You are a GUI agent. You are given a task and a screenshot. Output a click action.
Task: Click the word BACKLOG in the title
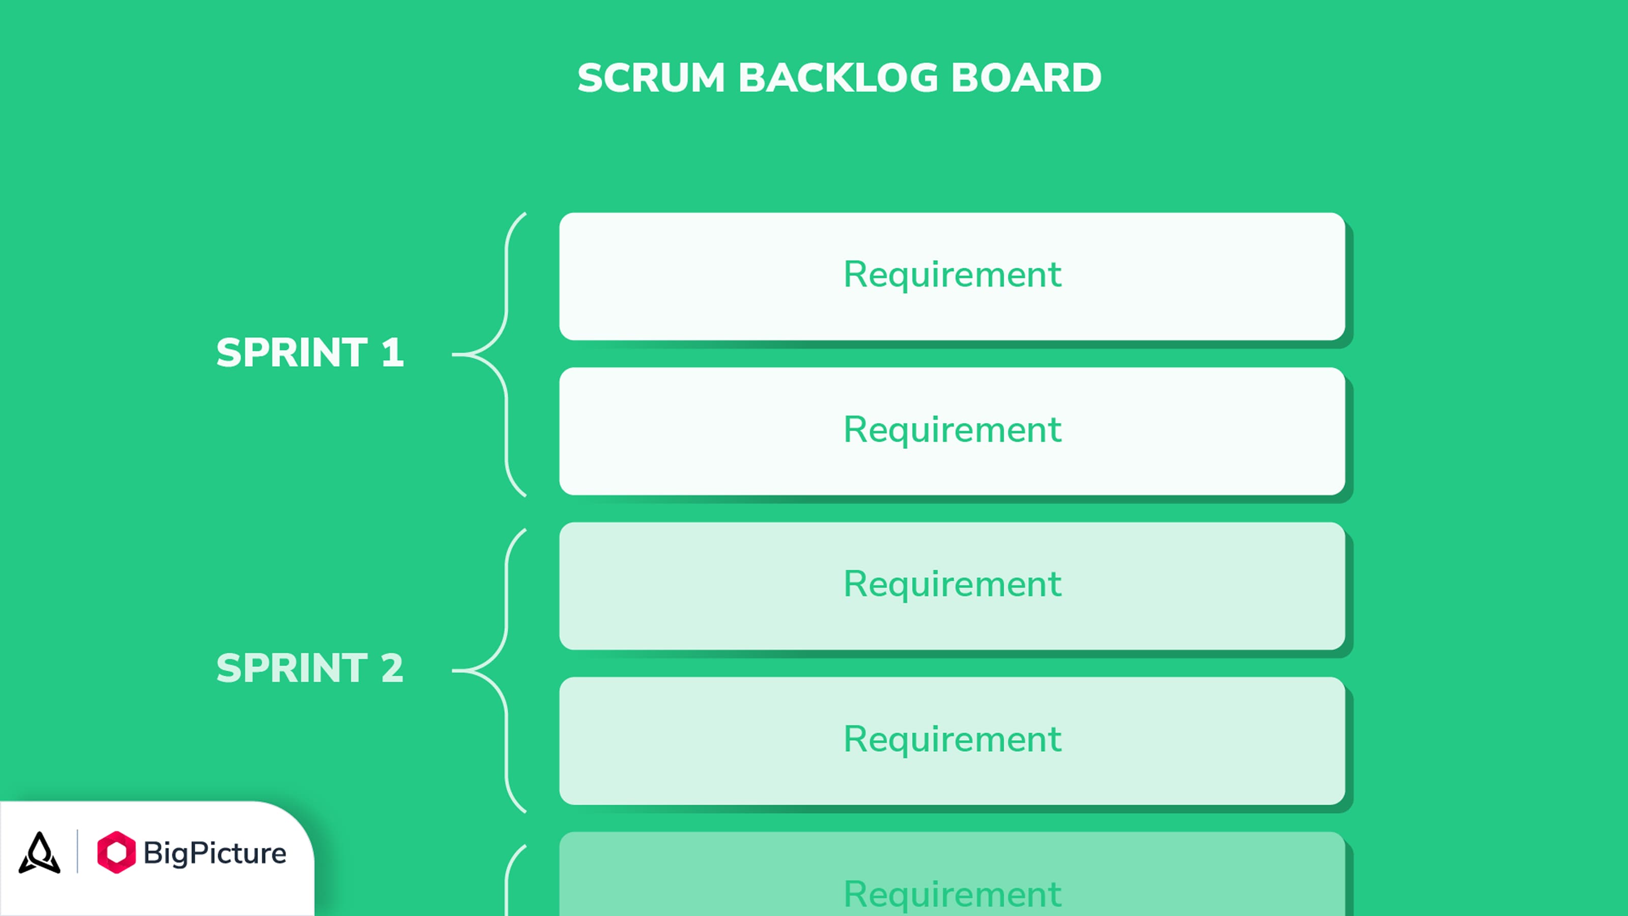[x=838, y=78]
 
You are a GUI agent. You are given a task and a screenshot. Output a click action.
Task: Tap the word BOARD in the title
[x=1026, y=78]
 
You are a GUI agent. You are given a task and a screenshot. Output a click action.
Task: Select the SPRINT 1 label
[x=310, y=352]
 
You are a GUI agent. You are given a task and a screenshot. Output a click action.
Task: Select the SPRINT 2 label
[x=310, y=668]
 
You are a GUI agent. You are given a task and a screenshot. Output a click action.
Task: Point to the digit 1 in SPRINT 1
[x=392, y=352]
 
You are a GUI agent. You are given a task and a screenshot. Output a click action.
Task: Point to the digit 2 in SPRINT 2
[x=392, y=668]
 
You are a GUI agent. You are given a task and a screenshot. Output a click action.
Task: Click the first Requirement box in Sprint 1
[x=952, y=276]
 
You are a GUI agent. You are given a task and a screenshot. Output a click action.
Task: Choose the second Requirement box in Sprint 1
[x=952, y=431]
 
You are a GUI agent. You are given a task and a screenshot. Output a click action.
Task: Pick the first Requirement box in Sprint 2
[x=952, y=586]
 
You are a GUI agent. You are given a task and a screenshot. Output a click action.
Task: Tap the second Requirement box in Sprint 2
[x=952, y=741]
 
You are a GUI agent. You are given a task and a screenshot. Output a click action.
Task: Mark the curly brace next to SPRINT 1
[x=506, y=316]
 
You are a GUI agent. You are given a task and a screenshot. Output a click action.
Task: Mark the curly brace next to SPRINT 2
[x=506, y=632]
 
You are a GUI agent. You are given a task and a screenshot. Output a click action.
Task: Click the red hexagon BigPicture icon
[x=117, y=852]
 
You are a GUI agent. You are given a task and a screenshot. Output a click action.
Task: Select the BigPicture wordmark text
[x=215, y=853]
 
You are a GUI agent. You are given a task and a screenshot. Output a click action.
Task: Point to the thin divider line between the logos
[x=78, y=851]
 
